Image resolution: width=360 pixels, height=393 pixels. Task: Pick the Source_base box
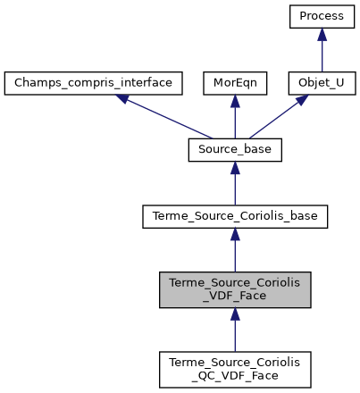tap(235, 150)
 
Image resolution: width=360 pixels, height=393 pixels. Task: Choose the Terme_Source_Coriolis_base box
tap(235, 215)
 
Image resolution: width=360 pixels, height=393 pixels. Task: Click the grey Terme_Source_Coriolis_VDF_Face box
tap(235, 289)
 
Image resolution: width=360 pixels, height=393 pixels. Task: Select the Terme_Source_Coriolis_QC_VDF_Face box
tap(235, 368)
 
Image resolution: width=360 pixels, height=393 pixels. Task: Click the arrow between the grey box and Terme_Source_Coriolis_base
tap(235, 250)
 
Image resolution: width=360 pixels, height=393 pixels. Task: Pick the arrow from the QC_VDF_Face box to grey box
tap(235, 330)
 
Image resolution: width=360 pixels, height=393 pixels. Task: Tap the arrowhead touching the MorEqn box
tap(235, 101)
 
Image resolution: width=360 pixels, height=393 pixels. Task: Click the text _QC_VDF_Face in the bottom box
tap(235, 375)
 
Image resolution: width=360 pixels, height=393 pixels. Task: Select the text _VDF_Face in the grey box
tap(235, 297)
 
